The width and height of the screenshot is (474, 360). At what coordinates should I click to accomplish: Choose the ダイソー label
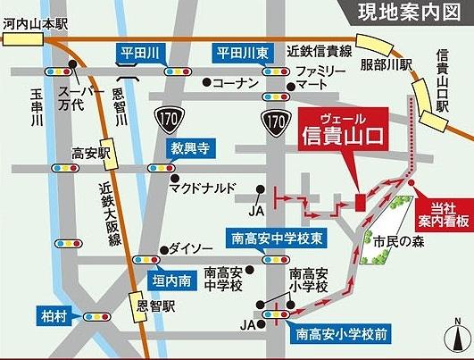tap(191, 247)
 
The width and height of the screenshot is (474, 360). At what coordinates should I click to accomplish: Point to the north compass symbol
tap(458, 340)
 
